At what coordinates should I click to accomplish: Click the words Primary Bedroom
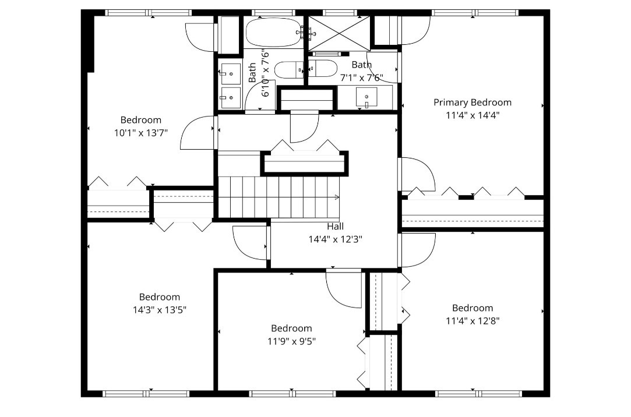[x=473, y=103]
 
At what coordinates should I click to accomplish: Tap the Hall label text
[x=335, y=227]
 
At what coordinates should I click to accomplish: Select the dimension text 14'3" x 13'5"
[x=160, y=310]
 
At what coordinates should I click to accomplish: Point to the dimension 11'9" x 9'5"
[x=292, y=341]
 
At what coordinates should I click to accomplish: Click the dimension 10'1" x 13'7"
[x=141, y=133]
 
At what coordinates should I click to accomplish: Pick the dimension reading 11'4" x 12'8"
[x=473, y=321]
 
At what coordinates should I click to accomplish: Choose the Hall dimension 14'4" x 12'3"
[x=335, y=239]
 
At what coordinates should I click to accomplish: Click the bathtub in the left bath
[x=273, y=32]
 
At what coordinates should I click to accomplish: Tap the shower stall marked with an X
[x=339, y=33]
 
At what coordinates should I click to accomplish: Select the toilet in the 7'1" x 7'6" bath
[x=323, y=69]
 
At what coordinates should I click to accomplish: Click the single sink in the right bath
[x=366, y=97]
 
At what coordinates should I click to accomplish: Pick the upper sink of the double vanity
[x=230, y=73]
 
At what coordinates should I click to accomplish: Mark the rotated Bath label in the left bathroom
[x=252, y=72]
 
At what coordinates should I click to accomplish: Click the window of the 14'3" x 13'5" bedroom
[x=145, y=394]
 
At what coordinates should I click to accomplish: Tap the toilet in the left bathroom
[x=288, y=70]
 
